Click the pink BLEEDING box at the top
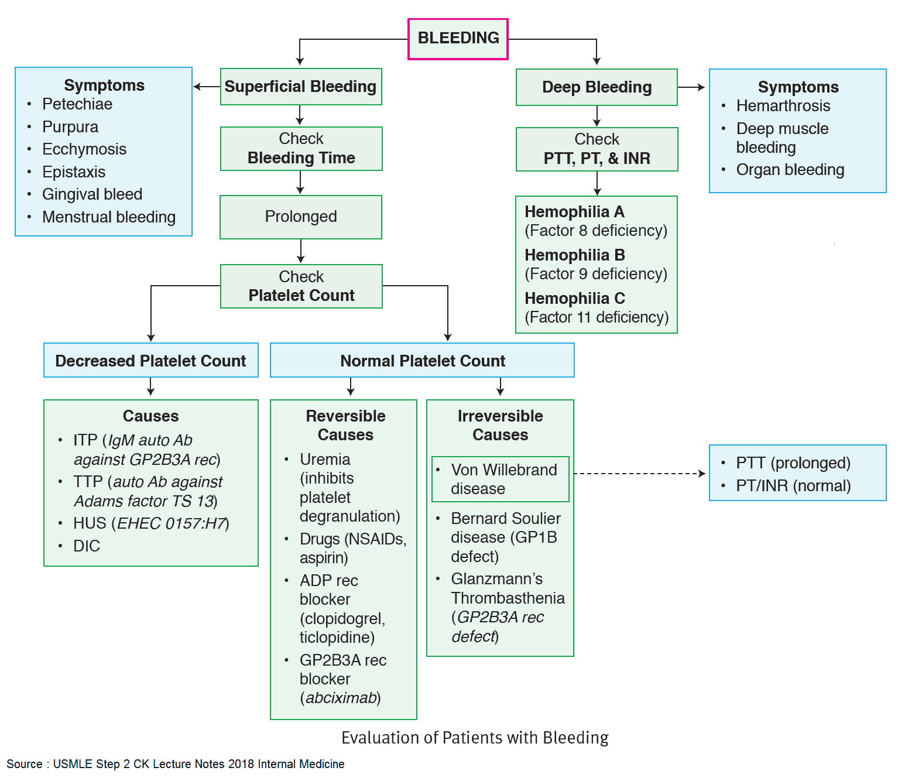click(458, 39)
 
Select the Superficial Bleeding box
click(301, 87)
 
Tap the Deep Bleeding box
click(597, 87)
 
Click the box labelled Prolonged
click(301, 217)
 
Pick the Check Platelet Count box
click(301, 286)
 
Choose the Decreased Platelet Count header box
click(150, 360)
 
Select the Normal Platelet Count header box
click(422, 360)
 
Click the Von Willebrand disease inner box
click(501, 479)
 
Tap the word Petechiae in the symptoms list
click(77, 104)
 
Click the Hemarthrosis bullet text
click(783, 106)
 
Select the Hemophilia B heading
click(575, 255)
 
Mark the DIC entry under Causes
click(87, 546)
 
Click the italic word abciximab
click(341, 698)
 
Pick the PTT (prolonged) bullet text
click(793, 463)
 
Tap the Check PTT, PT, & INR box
click(597, 149)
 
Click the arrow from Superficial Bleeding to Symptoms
click(206, 87)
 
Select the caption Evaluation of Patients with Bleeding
click(475, 738)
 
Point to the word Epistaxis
click(74, 172)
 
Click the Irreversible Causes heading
click(500, 425)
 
